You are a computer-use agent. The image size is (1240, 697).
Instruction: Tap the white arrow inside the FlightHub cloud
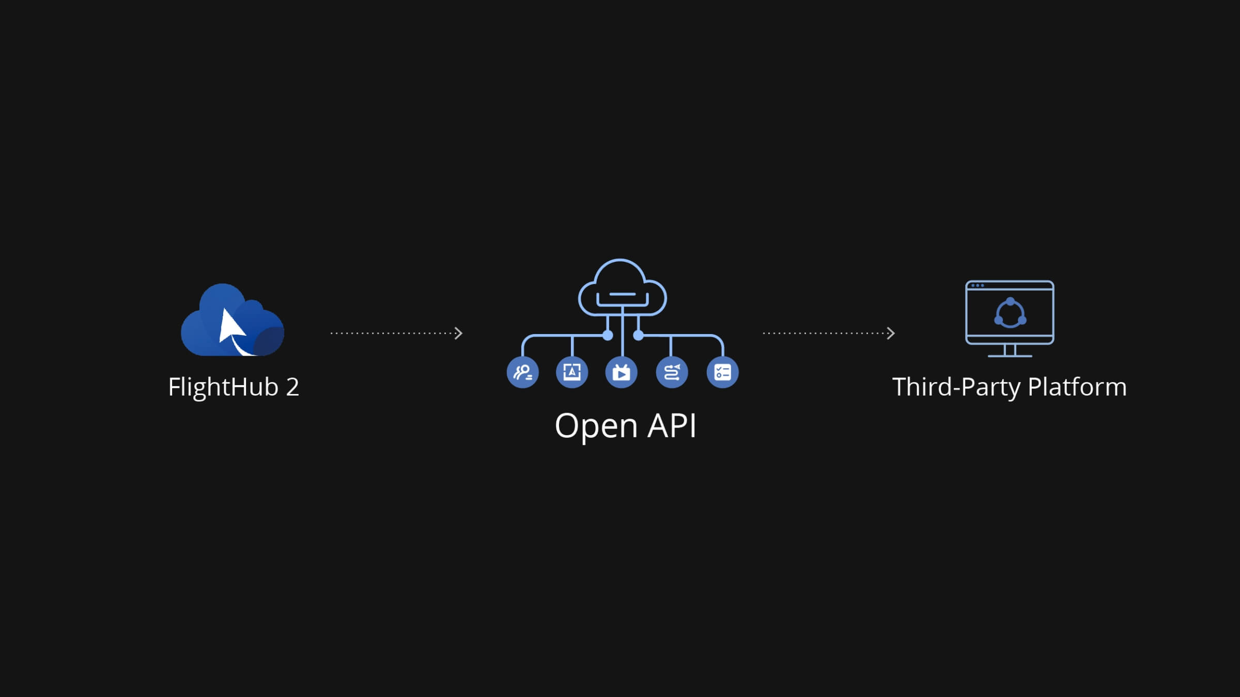click(230, 328)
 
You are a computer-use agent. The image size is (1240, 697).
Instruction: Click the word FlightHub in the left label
click(223, 387)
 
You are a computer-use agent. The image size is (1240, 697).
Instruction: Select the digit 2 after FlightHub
click(292, 387)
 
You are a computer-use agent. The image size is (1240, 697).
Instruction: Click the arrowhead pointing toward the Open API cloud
click(458, 333)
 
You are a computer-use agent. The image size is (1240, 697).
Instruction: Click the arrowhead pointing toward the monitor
click(891, 333)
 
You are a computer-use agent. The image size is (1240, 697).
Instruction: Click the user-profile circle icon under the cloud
click(523, 372)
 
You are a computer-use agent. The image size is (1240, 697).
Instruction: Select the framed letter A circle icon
click(572, 372)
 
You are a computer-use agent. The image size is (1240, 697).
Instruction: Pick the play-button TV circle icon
click(621, 372)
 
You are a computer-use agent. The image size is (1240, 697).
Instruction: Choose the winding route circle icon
click(672, 372)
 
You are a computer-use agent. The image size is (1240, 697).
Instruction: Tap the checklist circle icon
click(722, 372)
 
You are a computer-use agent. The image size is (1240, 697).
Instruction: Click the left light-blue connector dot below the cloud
click(608, 336)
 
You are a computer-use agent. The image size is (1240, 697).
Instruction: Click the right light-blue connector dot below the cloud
click(638, 336)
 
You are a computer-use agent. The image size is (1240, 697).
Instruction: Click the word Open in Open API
click(596, 426)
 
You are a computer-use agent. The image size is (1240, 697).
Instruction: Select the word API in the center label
click(672, 426)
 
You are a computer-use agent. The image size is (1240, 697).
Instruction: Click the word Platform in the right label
click(1077, 387)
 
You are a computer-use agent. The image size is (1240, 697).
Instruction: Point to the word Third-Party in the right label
click(956, 387)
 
